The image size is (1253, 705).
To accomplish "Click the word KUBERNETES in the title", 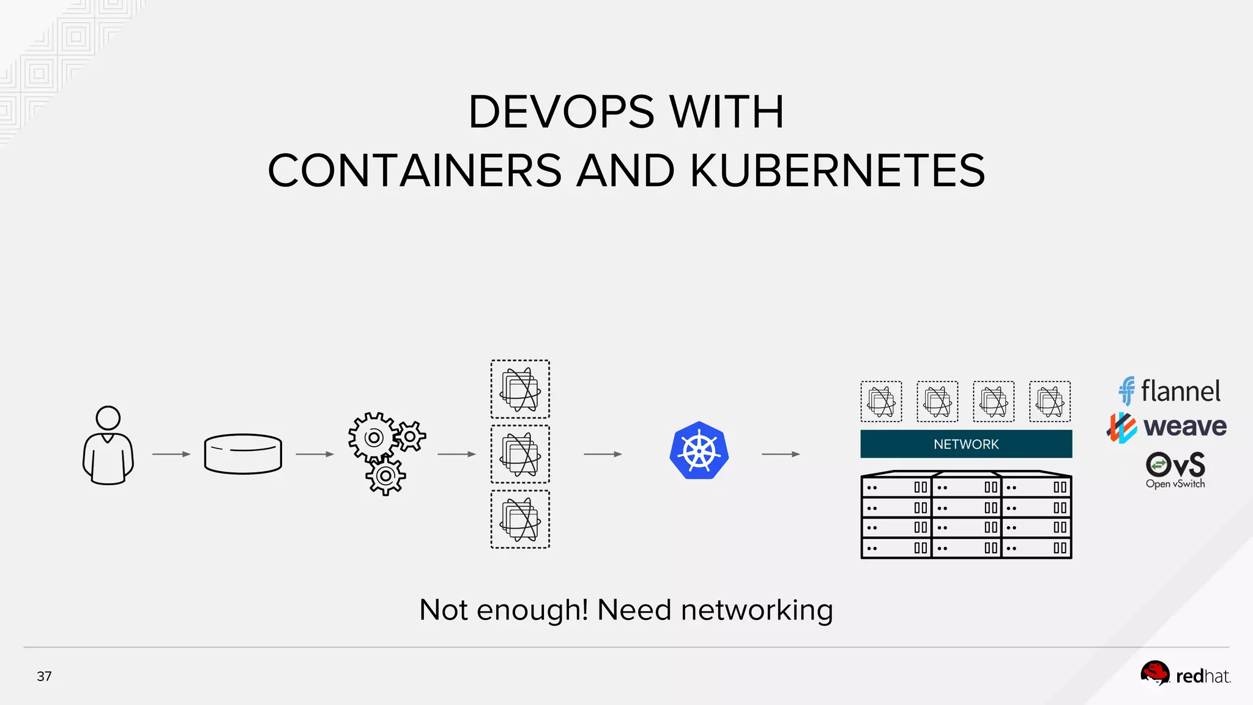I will point(838,171).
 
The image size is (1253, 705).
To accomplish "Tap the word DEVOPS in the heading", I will point(561,113).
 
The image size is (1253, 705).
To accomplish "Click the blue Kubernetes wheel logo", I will point(699,451).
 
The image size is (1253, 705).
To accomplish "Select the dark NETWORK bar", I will point(966,444).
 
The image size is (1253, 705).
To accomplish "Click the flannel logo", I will point(1169,391).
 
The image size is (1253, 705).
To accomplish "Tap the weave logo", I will point(1167,427).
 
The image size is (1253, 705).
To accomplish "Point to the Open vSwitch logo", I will point(1175,469).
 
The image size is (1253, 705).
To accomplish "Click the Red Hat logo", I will point(1185,676).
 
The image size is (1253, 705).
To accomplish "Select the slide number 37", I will point(44,676).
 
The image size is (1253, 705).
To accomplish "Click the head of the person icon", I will point(108,419).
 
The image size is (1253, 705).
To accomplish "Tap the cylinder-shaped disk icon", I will point(243,454).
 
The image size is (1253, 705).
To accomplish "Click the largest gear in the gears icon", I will point(373,438).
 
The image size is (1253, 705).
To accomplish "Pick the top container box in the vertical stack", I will point(520,389).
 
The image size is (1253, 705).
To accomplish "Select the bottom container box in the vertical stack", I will point(520,520).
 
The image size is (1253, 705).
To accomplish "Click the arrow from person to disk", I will point(171,454).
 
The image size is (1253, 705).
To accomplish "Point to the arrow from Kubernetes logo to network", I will point(781,454).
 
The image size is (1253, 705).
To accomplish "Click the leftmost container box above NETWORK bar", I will point(881,401).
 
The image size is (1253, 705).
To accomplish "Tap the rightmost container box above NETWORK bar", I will point(1050,401).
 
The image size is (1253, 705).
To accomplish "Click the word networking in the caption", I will point(757,611).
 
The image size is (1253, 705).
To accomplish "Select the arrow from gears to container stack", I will point(456,454).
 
